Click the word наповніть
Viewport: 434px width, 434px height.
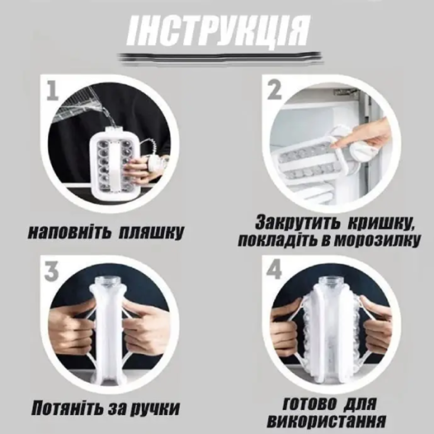pyautogui.click(x=67, y=233)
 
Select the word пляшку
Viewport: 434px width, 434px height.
pyautogui.click(x=151, y=233)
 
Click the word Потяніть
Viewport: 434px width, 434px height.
pyautogui.click(x=67, y=408)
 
